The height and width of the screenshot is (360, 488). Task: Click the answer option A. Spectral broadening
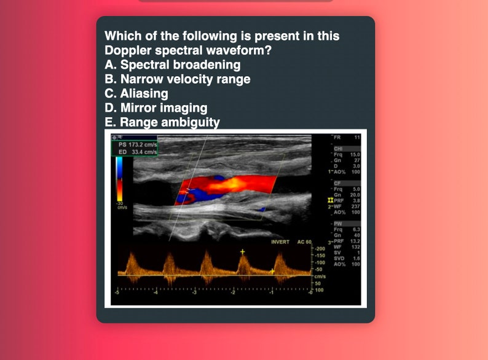click(x=173, y=65)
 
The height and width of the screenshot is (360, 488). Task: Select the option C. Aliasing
click(x=136, y=93)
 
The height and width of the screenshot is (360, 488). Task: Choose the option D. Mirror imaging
click(x=155, y=108)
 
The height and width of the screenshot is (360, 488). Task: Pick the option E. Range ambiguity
click(x=162, y=122)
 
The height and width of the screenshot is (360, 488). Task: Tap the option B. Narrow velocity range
click(x=178, y=79)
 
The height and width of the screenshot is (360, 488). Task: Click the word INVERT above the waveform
click(x=280, y=242)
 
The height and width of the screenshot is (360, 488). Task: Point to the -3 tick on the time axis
click(x=194, y=294)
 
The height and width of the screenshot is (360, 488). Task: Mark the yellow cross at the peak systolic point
click(x=242, y=252)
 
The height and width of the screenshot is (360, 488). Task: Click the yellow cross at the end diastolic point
click(x=272, y=270)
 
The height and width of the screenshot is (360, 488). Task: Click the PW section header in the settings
click(x=338, y=223)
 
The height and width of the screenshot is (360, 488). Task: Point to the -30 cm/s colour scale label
click(x=120, y=205)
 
